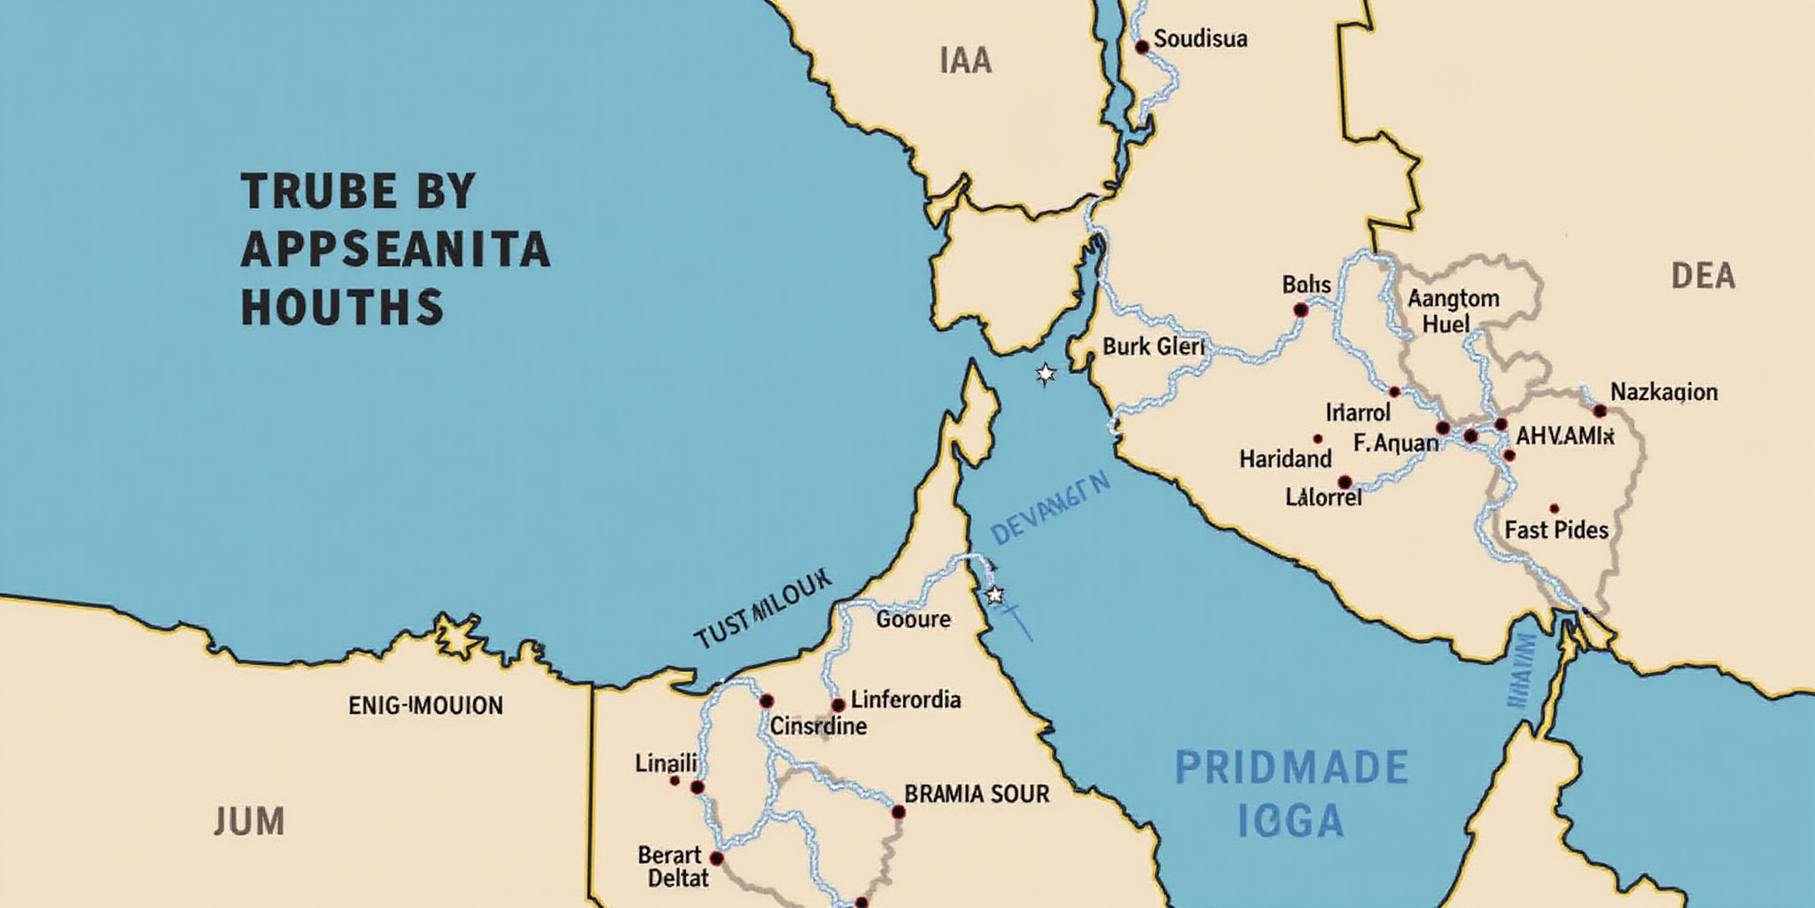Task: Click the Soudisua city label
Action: coord(1200,39)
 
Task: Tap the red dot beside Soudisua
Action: coord(1142,46)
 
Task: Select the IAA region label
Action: coord(965,61)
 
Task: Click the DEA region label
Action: coord(1702,277)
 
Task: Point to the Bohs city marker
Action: coord(1300,309)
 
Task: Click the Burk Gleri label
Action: coord(1153,347)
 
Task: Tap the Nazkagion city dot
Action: coord(1600,411)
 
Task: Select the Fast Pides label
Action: coord(1556,530)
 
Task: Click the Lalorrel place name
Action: coord(1323,497)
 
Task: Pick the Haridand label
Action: coord(1285,459)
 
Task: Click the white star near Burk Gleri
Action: coord(1046,374)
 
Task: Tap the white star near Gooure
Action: coord(994,594)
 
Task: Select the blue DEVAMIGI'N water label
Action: coord(1050,509)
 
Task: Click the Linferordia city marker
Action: coord(837,705)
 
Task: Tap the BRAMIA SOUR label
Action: coord(977,794)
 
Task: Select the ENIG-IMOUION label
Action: coord(425,706)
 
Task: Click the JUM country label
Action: coord(249,821)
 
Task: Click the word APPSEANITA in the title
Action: coord(395,251)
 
